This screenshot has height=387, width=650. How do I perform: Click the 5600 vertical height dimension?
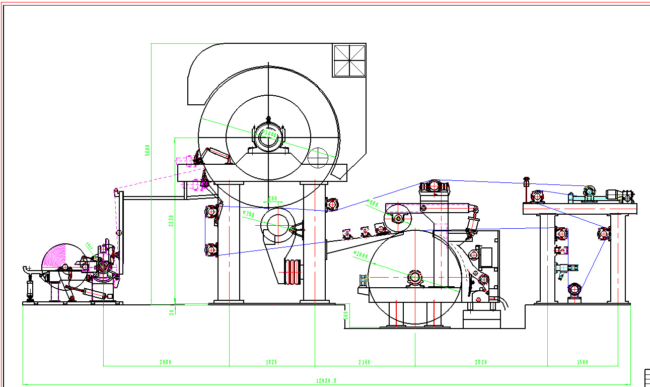[x=148, y=150]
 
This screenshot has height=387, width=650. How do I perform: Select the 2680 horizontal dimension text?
[x=166, y=362]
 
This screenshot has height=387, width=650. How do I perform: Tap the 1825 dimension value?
[x=271, y=362]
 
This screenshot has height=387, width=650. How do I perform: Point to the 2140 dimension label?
[x=364, y=362]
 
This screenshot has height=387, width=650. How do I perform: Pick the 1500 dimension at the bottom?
[x=582, y=362]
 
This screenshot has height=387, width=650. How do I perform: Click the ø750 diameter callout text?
[x=249, y=215]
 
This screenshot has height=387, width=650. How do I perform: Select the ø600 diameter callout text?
[x=373, y=203]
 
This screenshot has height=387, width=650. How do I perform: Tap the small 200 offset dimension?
[x=273, y=198]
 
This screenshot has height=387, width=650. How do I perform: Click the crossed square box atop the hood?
[x=349, y=60]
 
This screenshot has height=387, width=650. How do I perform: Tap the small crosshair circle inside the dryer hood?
[x=318, y=158]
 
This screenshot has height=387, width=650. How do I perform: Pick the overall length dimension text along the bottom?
[x=326, y=381]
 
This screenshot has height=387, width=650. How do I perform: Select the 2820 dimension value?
[x=481, y=362]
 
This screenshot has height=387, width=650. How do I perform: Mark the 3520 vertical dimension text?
[x=171, y=220]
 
